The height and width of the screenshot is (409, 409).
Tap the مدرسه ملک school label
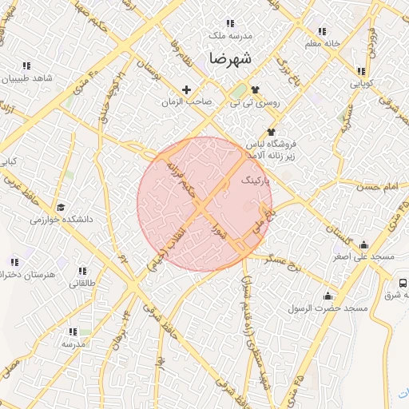click(230, 36)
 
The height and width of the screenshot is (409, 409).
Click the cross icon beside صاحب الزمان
click(187, 89)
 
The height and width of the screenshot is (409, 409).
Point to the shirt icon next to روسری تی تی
click(255, 89)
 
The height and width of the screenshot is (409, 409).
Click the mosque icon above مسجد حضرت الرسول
click(328, 296)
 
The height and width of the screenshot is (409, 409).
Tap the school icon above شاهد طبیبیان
click(26, 66)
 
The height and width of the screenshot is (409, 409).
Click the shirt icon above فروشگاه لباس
click(271, 132)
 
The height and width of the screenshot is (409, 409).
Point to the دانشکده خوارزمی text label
click(62, 218)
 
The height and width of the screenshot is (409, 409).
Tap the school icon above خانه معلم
click(322, 32)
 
